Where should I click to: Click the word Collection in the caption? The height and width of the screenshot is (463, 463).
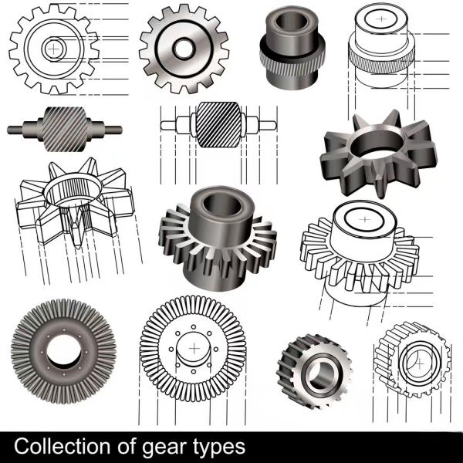(x=62, y=446)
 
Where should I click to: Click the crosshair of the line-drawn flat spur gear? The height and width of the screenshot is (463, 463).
(x=53, y=49)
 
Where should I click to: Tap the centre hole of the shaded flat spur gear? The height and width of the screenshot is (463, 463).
(x=184, y=49)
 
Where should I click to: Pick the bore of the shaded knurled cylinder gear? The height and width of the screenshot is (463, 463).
(x=292, y=22)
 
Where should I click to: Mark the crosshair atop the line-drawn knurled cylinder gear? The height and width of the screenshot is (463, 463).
(x=382, y=19)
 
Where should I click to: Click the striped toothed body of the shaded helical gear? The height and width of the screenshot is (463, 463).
(x=65, y=130)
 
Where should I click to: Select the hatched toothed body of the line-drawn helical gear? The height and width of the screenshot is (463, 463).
(x=218, y=124)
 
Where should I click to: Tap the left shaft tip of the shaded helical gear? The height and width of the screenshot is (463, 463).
(x=9, y=130)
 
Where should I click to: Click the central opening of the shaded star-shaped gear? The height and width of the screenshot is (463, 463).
(x=377, y=144)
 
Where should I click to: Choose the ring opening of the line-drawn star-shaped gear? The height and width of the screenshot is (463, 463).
(x=73, y=189)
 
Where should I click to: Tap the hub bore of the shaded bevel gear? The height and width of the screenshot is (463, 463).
(x=222, y=205)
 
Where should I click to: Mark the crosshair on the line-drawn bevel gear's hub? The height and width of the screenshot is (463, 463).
(x=365, y=220)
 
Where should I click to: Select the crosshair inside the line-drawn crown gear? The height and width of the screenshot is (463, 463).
(x=194, y=349)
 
